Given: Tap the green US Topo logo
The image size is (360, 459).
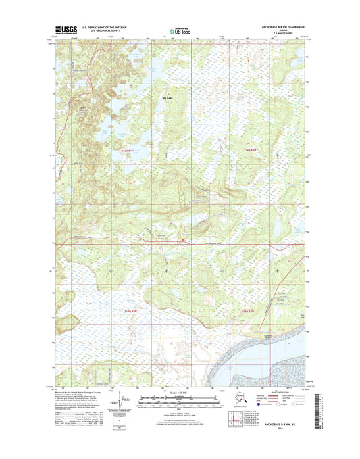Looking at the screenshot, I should coord(180,30).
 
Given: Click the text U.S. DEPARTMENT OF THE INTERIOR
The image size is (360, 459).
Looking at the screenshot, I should coord(104,27).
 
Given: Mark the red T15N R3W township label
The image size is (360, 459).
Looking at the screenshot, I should coord(249,310).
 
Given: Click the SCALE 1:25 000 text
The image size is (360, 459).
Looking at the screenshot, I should coord(180,393).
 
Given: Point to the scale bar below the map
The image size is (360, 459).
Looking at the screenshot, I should coord(180,402).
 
